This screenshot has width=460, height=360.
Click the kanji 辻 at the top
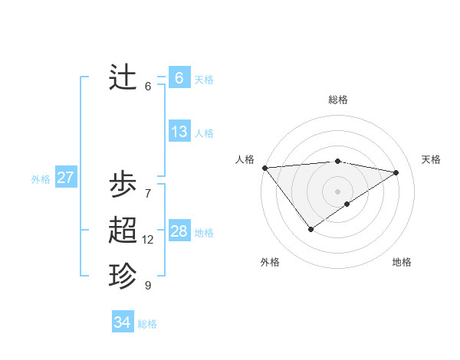point(123,77)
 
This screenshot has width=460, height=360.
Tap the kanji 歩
point(123,185)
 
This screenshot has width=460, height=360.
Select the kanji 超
point(123,231)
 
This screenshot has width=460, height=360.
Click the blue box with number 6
point(179,78)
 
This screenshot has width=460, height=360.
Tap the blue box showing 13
point(179,132)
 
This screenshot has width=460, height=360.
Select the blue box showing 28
point(179,231)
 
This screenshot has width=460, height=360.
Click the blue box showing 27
point(65,178)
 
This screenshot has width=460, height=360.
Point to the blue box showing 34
point(122,322)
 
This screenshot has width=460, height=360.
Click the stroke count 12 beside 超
point(148,240)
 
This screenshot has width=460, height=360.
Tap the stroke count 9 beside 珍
point(148,286)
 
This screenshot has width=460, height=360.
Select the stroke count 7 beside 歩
point(148,193)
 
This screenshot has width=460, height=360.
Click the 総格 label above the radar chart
point(337,100)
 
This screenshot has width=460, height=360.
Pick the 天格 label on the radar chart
point(431,159)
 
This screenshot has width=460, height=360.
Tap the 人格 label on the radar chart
point(245,159)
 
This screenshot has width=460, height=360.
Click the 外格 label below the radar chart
point(270,262)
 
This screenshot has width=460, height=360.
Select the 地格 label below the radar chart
point(402,262)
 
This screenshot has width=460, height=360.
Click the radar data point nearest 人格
point(264,167)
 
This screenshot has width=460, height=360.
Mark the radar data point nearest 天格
point(396,172)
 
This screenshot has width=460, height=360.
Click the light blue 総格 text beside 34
point(147,324)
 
